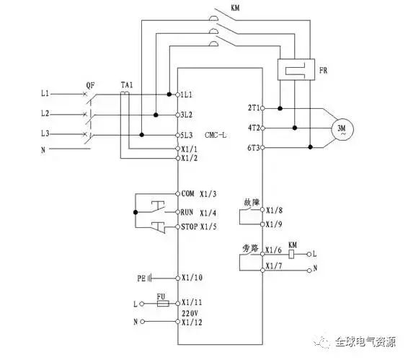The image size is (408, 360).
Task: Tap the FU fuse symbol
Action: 163,304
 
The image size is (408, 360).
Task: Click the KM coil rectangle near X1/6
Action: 292,254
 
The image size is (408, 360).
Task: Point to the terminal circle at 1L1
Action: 178,95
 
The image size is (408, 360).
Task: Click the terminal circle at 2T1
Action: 262,108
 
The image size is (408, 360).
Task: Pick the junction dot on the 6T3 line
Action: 310,147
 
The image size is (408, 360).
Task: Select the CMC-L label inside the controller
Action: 216,135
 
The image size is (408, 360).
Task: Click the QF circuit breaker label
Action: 90,85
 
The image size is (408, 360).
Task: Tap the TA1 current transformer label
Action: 127,85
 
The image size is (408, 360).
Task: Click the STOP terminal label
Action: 190,227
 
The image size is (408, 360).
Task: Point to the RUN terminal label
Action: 187,212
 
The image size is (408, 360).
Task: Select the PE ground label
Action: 141,278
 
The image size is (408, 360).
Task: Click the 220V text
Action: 190,313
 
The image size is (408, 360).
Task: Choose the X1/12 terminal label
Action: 192,322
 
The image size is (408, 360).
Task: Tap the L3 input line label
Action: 45,133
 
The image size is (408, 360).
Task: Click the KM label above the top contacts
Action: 235,8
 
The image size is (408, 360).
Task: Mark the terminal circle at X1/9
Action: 262,224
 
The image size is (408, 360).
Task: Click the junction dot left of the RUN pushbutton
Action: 136,212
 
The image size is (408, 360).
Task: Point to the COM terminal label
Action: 187,193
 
